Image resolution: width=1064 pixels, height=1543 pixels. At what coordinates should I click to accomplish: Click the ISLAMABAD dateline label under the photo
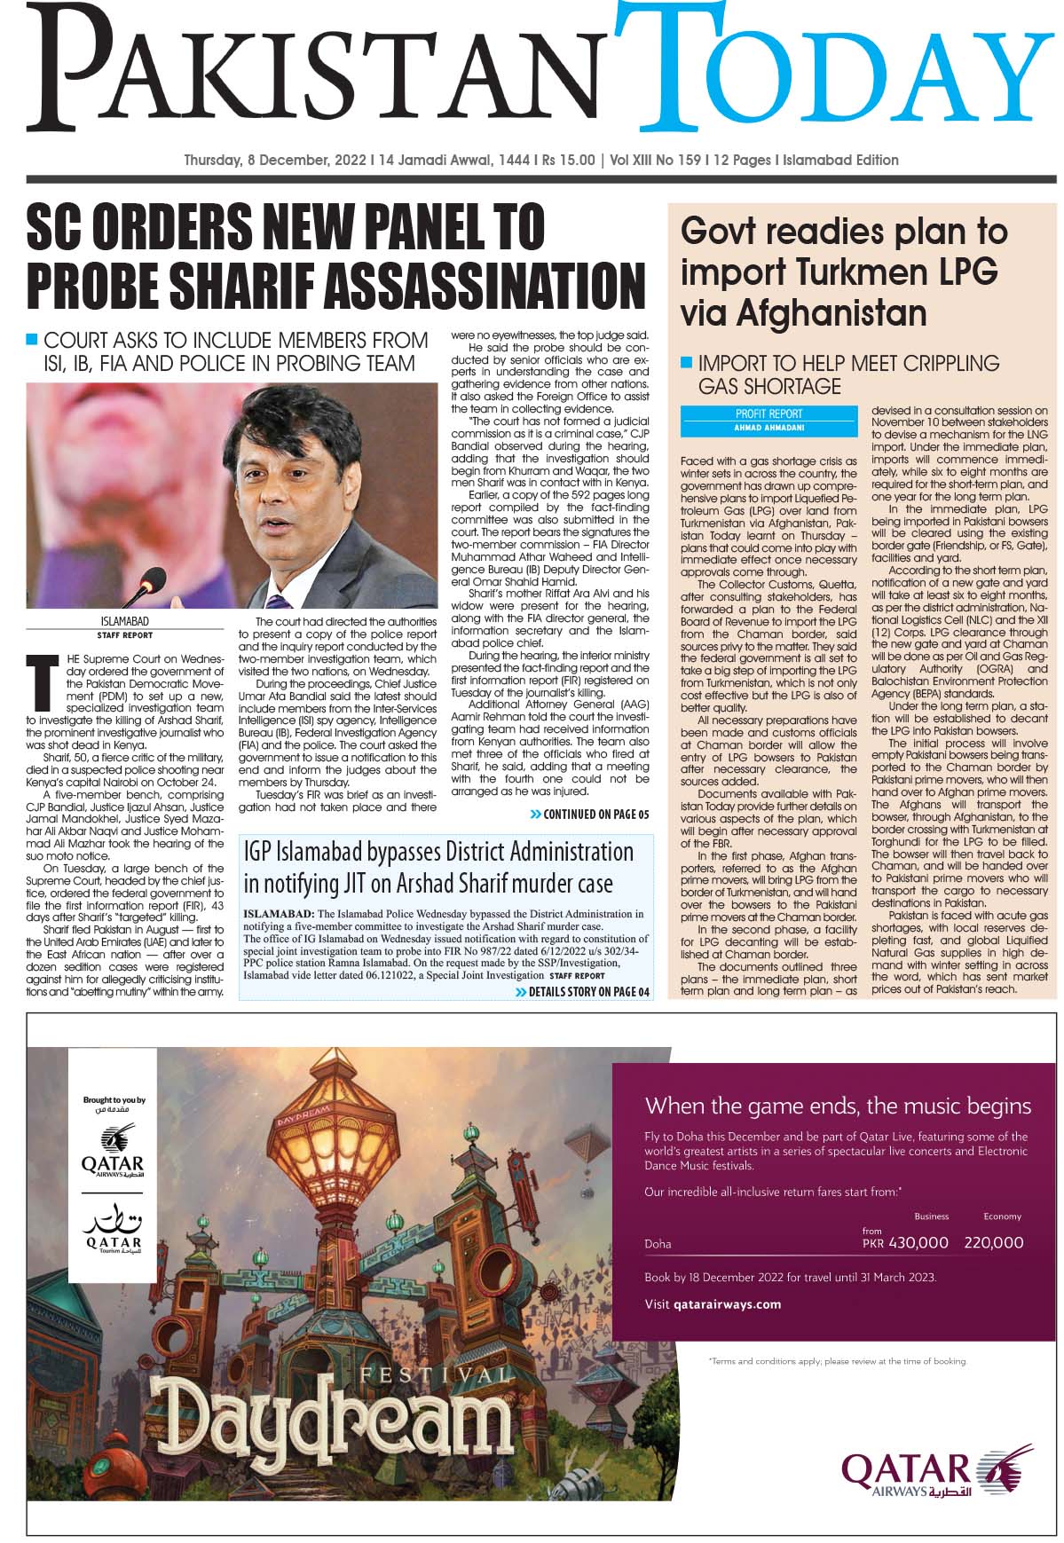pyautogui.click(x=124, y=622)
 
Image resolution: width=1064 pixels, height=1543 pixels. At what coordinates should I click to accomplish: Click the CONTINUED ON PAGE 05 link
pyautogui.click(x=590, y=815)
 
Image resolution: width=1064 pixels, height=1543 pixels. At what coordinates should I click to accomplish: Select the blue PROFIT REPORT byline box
pyautogui.click(x=768, y=421)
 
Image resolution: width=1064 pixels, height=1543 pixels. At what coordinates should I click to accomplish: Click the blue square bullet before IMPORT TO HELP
pyautogui.click(x=686, y=362)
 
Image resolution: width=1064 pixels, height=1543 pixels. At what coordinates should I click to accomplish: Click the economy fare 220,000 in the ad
pyautogui.click(x=994, y=1243)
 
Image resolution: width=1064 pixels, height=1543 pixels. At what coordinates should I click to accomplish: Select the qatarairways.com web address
pyautogui.click(x=727, y=1304)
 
